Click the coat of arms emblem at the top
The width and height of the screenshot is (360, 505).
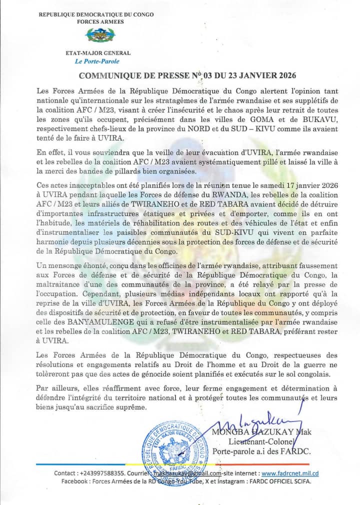click(x=100, y=35)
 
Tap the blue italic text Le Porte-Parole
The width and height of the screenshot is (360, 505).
click(x=97, y=61)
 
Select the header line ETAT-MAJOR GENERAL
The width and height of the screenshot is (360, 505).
click(x=98, y=53)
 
